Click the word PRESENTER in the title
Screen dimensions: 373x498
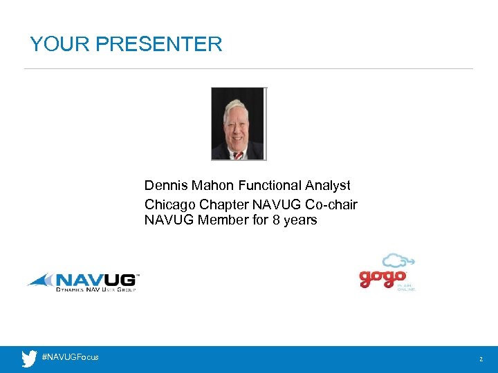click(x=159, y=45)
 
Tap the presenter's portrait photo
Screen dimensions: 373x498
click(x=238, y=124)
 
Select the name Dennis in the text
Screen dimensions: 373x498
click(x=165, y=186)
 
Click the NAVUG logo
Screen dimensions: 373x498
click(x=83, y=282)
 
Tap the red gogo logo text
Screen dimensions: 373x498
click(x=382, y=278)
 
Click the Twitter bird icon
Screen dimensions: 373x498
click(x=29, y=358)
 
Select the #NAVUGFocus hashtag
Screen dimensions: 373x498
click(x=70, y=357)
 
